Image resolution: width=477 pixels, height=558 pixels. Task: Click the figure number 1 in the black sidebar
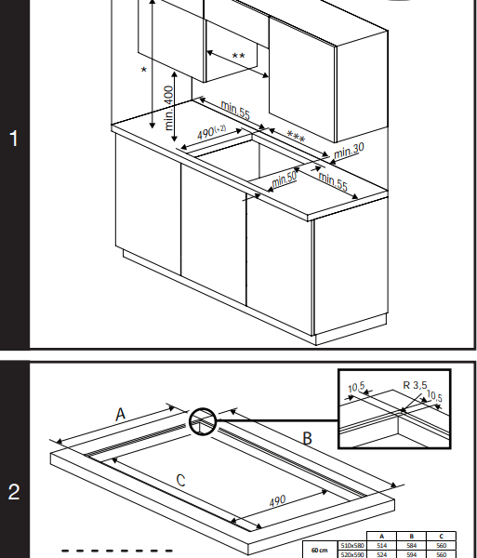tap(13, 139)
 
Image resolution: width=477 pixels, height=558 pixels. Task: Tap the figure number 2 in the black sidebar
tap(13, 492)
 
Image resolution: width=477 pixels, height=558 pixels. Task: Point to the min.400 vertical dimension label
tap(169, 111)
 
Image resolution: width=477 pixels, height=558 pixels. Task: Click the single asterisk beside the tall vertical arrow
tap(143, 71)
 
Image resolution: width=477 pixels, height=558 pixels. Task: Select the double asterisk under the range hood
tap(238, 57)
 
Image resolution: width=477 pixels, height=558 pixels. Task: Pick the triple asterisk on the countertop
tap(295, 138)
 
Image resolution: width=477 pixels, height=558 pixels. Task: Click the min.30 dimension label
tap(350, 150)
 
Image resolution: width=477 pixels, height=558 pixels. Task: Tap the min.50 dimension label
tap(285, 178)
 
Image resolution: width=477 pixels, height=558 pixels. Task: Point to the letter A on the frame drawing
tap(121, 416)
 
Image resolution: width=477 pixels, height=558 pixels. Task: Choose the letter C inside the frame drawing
tap(180, 480)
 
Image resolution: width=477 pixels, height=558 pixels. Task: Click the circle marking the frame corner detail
tap(203, 423)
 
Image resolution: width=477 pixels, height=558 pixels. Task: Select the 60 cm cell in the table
tap(320, 550)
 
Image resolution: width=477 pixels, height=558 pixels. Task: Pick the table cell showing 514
tap(381, 545)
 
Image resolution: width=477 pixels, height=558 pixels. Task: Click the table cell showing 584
tap(410, 545)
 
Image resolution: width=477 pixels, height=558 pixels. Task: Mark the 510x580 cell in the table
tap(351, 545)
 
